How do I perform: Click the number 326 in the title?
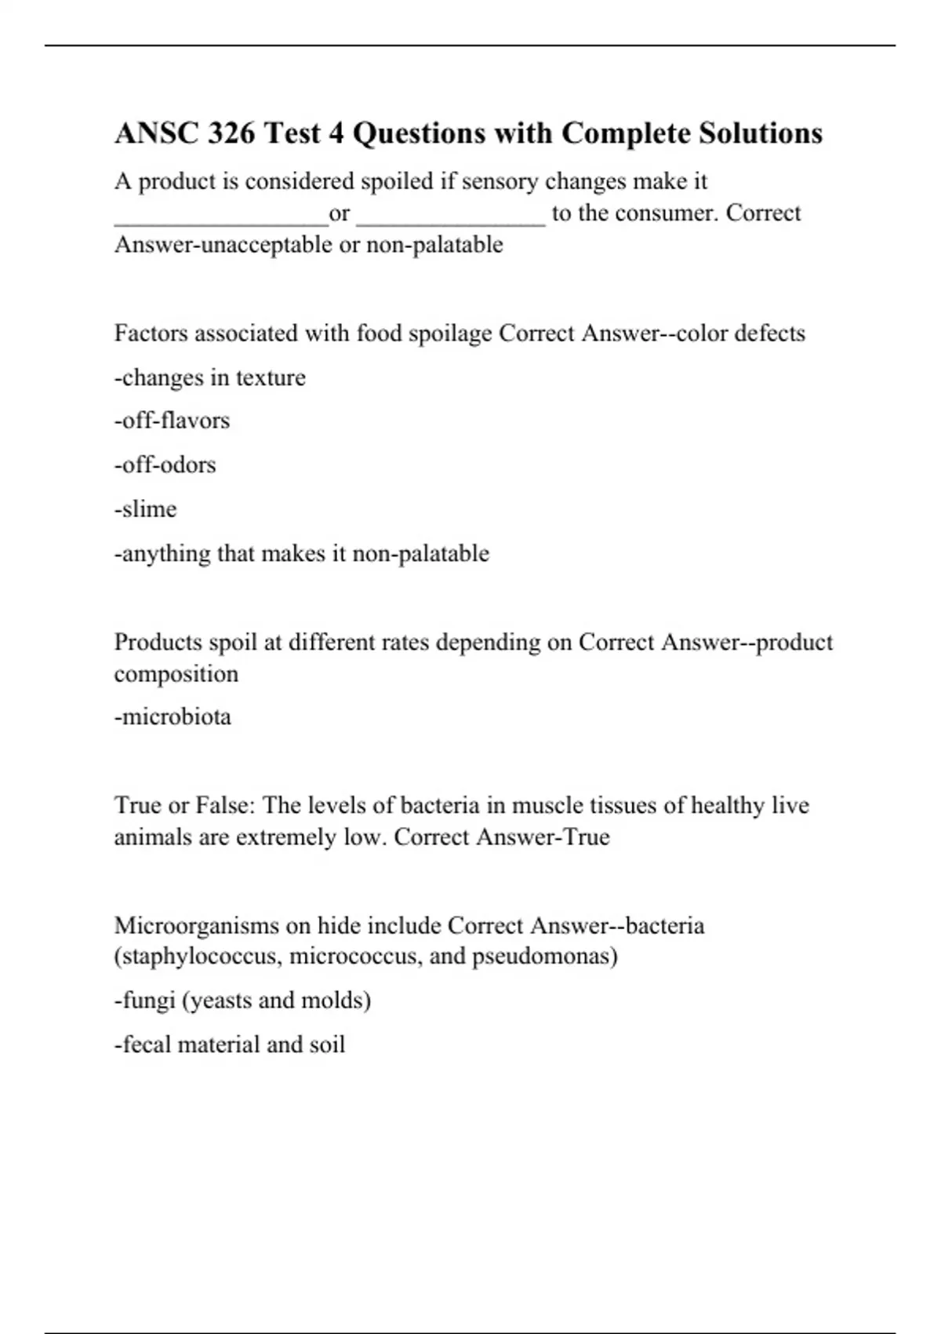231,134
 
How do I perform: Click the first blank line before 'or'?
221,220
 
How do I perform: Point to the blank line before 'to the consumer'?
451,220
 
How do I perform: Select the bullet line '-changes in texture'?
210,377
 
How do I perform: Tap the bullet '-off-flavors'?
173,421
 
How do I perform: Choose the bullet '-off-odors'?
165,465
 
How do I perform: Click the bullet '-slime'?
146,509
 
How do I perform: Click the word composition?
176,674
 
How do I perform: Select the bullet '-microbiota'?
173,717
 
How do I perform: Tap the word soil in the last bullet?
327,1045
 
